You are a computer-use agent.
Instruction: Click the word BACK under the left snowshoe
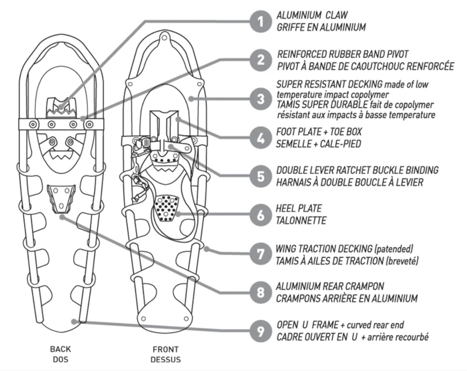[60, 349]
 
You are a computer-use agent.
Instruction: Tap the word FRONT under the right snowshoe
[165, 349]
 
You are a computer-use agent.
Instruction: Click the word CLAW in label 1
[336, 15]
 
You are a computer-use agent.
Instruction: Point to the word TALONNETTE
[301, 221]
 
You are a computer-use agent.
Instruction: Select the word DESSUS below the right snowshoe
[165, 360]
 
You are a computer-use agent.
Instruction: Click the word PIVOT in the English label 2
[397, 54]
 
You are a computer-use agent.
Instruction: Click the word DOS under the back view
[60, 359]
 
